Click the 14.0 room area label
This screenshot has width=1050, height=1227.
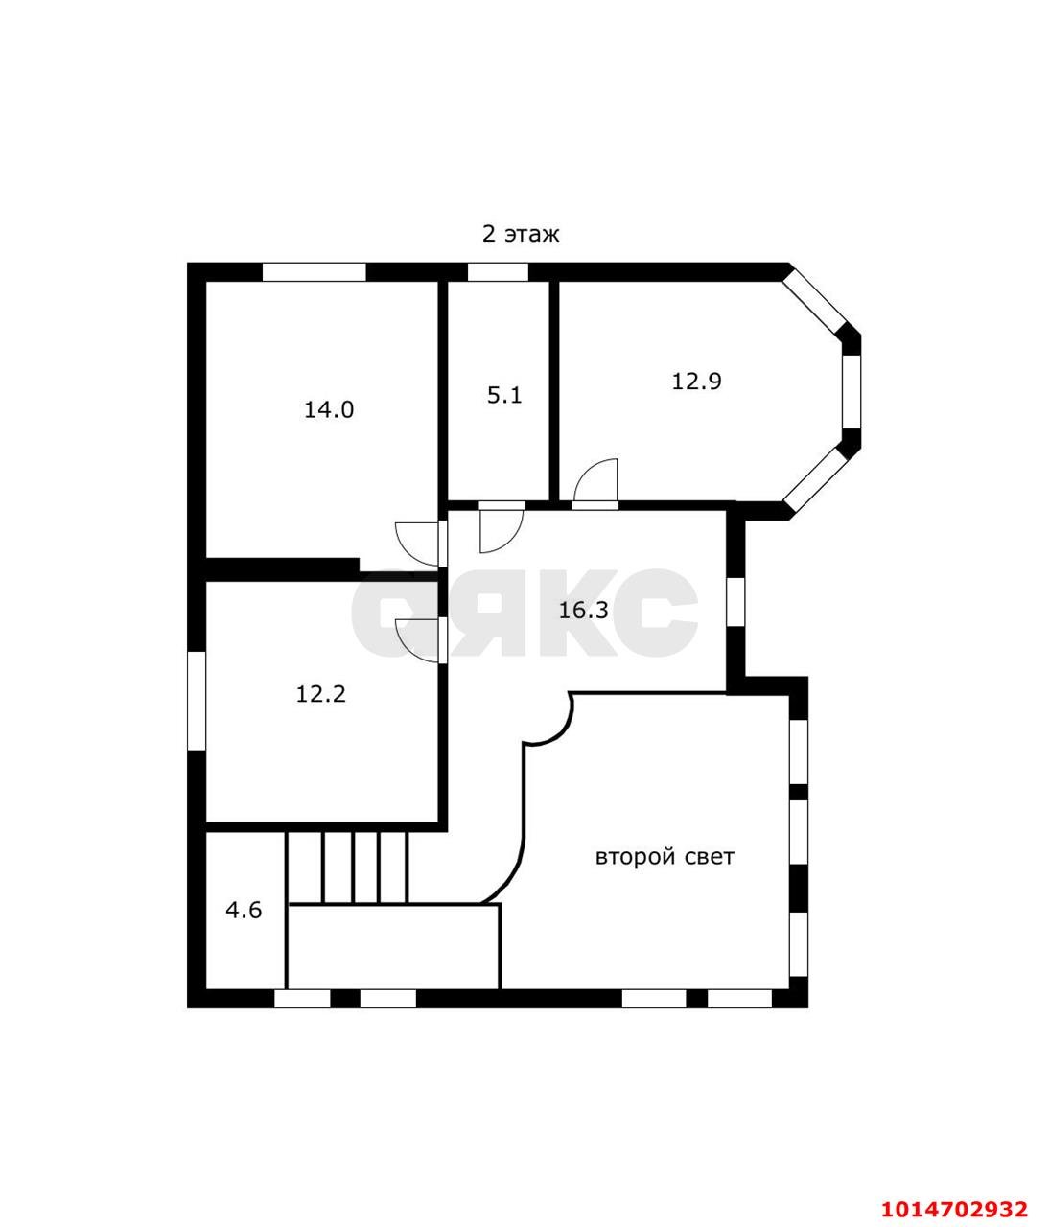point(328,409)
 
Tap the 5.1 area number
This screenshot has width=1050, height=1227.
point(504,395)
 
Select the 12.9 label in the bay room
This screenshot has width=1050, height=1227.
point(696,382)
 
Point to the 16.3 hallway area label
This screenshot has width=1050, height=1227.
point(583,611)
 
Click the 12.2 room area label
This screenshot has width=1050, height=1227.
point(320,694)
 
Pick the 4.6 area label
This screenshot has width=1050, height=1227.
point(244,910)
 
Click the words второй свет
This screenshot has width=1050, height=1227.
point(665,857)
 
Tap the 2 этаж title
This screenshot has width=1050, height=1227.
point(521,234)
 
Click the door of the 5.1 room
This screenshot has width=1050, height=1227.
point(502,528)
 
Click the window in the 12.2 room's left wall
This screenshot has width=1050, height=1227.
point(197,701)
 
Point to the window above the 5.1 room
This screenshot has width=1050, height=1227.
point(498,272)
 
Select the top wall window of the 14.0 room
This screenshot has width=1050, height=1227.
point(315,272)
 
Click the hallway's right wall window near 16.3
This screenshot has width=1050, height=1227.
point(735,601)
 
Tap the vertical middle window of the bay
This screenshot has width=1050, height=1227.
point(852,392)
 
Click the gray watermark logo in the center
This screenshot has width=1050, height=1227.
point(524,613)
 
